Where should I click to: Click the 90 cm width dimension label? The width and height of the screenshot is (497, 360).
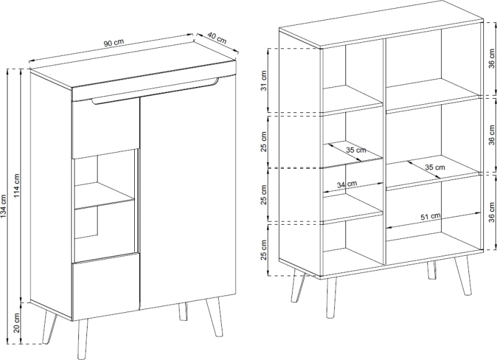click(x=114, y=43)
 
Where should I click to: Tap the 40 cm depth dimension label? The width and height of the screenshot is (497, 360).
click(x=217, y=38)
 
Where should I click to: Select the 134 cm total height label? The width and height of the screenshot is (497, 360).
click(x=4, y=206)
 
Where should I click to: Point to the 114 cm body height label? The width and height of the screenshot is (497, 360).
click(x=17, y=186)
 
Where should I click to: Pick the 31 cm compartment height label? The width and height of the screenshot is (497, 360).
click(x=263, y=81)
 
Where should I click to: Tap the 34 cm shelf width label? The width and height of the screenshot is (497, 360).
click(x=347, y=184)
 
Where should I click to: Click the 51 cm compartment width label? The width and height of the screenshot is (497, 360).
click(x=431, y=217)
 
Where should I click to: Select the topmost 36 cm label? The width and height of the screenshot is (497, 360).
click(x=491, y=58)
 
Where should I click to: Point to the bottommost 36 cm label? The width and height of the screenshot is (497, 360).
click(x=491, y=212)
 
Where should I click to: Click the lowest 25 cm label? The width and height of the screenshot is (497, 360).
click(x=263, y=250)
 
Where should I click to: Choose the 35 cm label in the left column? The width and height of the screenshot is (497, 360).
click(x=355, y=150)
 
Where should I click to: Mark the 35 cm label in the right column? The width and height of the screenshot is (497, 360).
click(x=435, y=167)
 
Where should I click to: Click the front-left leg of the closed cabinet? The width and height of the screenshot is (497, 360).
click(x=82, y=338)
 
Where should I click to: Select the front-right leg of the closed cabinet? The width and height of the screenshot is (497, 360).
click(x=214, y=317)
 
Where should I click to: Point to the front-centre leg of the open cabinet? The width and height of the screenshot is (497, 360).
click(x=331, y=298)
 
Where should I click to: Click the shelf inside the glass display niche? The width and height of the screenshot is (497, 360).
click(x=104, y=196)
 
